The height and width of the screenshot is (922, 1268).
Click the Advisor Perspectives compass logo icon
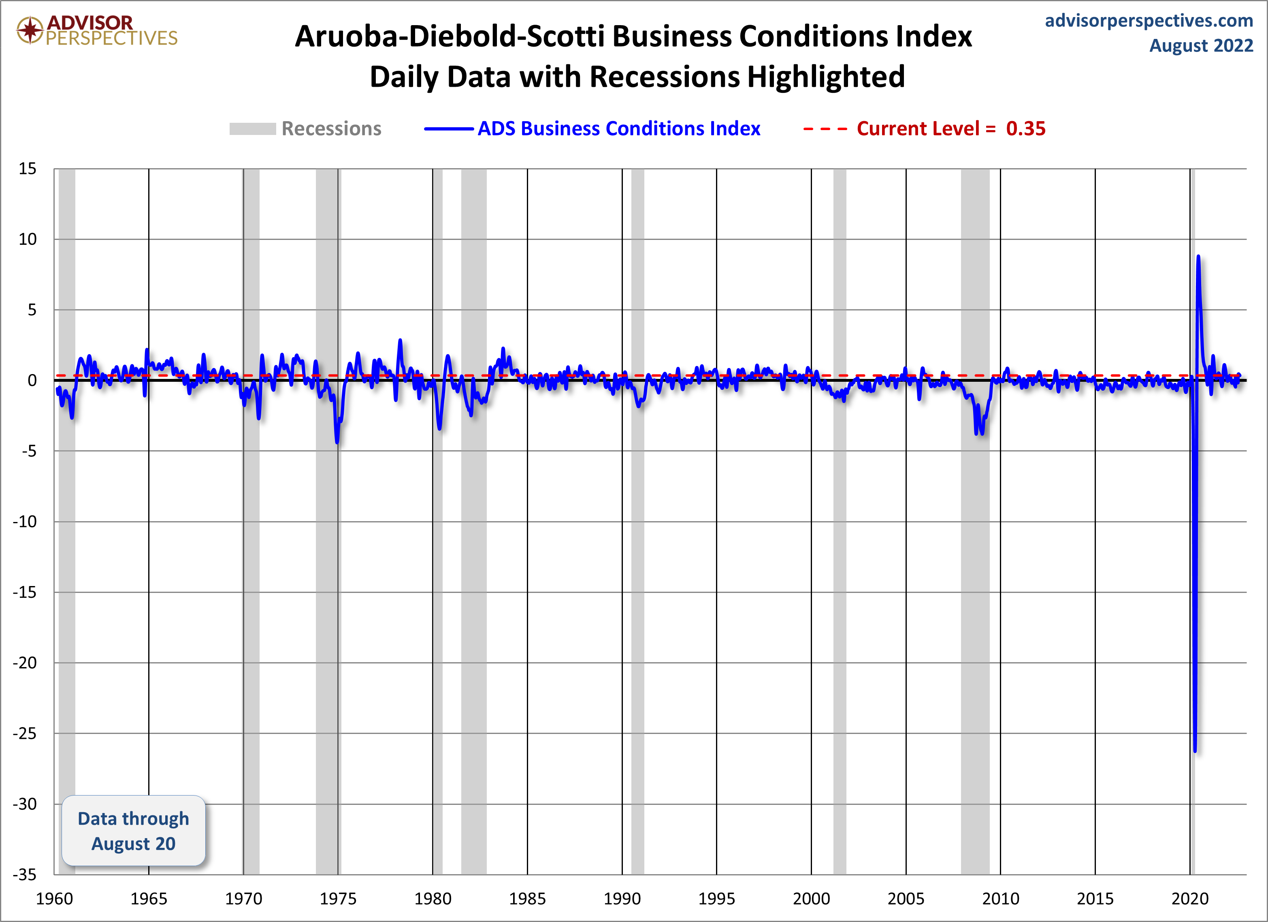pos(30,30)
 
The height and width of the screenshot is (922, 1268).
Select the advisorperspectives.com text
pos(1149,21)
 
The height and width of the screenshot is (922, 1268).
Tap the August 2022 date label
pos(1201,45)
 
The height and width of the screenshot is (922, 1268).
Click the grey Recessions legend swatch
pos(252,129)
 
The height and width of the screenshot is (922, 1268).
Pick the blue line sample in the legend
pos(448,129)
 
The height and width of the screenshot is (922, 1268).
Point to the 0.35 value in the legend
pos(1025,129)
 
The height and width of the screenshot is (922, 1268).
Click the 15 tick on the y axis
pos(28,169)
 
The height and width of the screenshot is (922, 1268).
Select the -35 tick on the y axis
pos(25,875)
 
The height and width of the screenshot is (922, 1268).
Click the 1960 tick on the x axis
pos(54,898)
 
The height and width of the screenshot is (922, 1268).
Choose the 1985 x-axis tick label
pos(527,898)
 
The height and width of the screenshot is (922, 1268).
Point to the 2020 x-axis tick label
pos(1190,898)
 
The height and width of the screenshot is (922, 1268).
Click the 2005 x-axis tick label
pos(906,898)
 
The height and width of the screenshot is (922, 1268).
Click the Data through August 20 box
pos(134,831)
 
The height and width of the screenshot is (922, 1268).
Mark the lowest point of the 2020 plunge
pos(1195,751)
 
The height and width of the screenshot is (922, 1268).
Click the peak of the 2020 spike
pos(1198,257)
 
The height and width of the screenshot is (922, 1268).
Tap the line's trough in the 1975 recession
pos(337,443)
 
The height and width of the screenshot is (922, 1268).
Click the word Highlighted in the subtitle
pos(826,77)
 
